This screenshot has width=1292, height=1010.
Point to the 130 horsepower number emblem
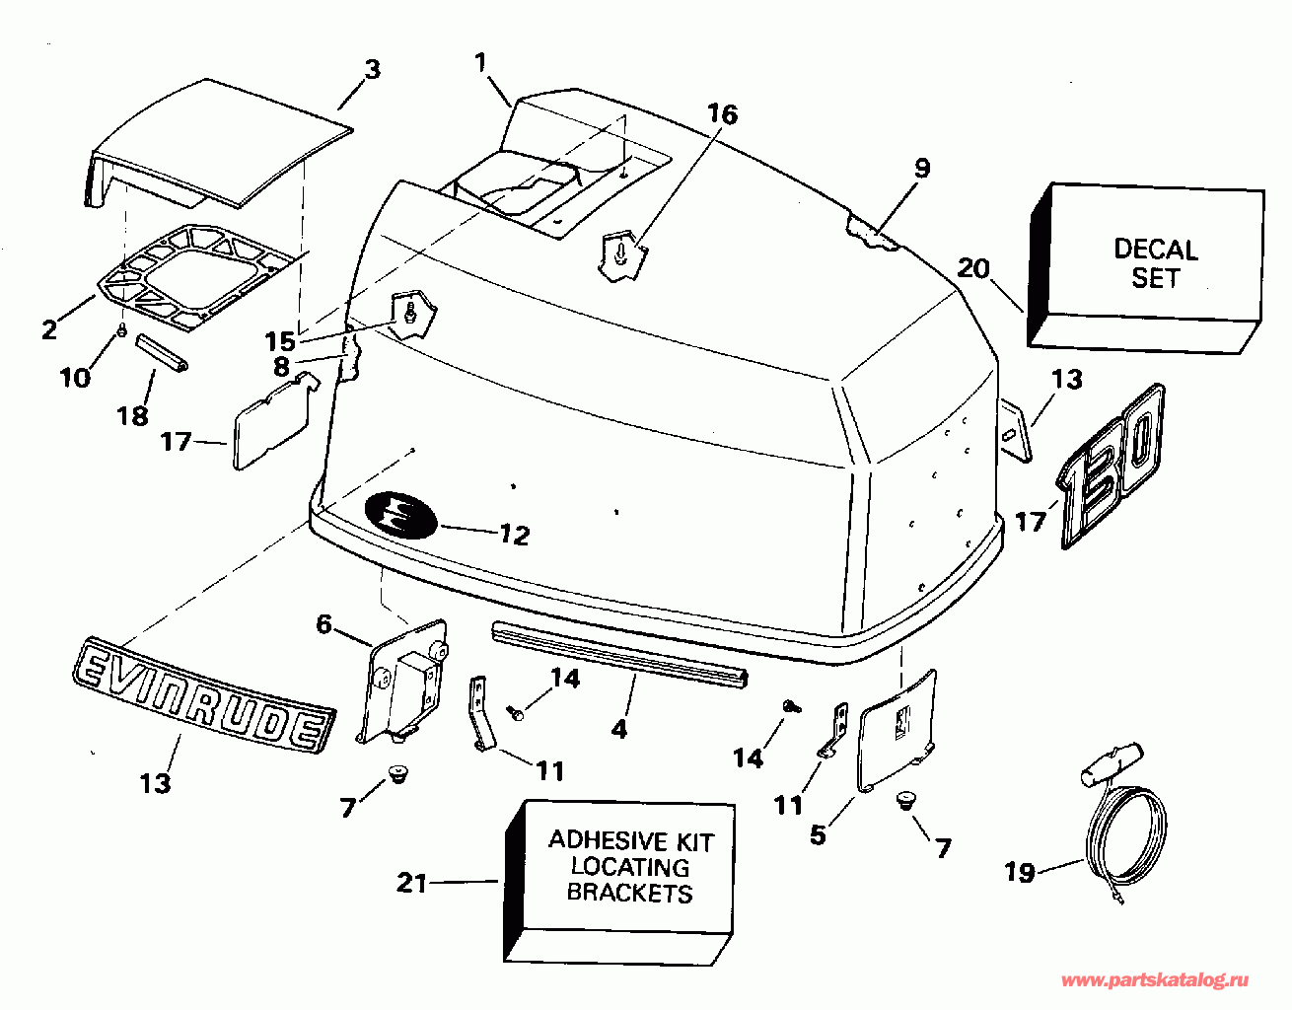pos(1113,467)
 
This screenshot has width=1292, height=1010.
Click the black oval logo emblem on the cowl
pos(400,514)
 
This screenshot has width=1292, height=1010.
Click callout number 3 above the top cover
pos(371,70)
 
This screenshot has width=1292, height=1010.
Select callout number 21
pos(411,883)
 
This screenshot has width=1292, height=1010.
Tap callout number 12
pos(514,535)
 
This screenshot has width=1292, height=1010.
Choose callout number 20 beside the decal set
pos(973,267)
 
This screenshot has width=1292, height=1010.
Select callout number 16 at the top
pos(722,114)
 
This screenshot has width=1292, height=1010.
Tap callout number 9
pos(921,168)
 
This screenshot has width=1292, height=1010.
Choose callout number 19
pos(1020,873)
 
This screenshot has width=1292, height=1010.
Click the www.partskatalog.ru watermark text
pos(1154,980)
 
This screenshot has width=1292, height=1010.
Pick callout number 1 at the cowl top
pos(480,64)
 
